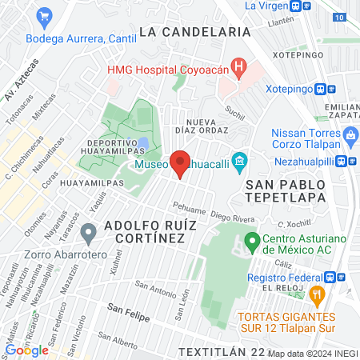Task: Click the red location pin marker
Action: (x=181, y=163)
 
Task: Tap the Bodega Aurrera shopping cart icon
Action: (x=45, y=15)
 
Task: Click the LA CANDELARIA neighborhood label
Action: (x=195, y=32)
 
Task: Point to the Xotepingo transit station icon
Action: (x=320, y=90)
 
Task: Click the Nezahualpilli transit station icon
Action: (x=342, y=160)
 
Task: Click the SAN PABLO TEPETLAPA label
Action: (x=282, y=189)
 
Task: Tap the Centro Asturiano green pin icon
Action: (x=251, y=240)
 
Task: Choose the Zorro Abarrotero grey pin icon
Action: (x=88, y=234)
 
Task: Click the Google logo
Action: (x=26, y=350)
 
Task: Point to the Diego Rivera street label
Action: (x=231, y=215)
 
